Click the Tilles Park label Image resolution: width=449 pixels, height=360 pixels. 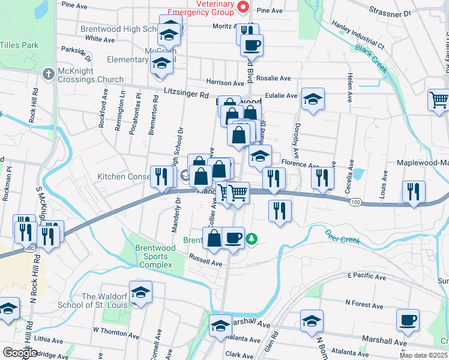pos(19,45)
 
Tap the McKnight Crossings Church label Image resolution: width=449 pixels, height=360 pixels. pos(86,79)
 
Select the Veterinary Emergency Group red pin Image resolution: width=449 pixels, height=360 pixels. pos(243,7)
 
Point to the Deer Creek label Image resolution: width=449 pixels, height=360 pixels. pos(342,236)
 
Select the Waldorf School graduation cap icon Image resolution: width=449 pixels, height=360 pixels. pos(140,292)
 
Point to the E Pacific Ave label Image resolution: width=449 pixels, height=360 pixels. pos(367,277)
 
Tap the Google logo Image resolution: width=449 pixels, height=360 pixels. pos(20,353)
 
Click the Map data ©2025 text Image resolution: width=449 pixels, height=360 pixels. pos(423,355)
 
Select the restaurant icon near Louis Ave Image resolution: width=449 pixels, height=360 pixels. pos(413,192)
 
